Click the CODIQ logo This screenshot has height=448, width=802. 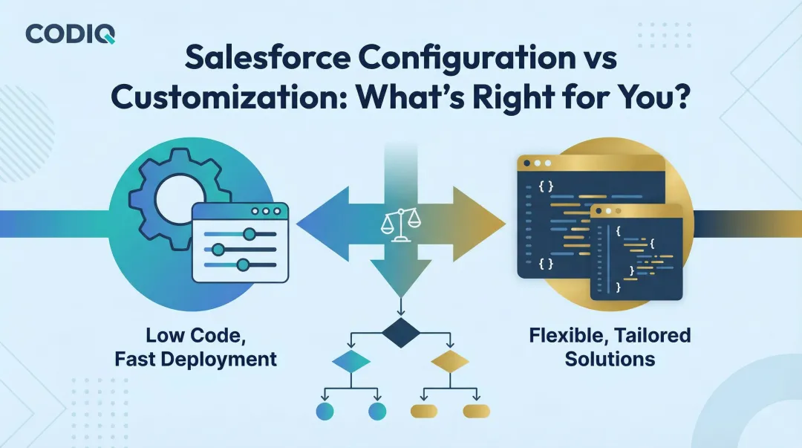[x=70, y=33]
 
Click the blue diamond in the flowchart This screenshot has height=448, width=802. [x=351, y=362]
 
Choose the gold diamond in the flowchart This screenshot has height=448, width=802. [x=450, y=362]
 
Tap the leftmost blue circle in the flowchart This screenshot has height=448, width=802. [x=325, y=411]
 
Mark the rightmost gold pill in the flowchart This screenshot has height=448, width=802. [x=477, y=411]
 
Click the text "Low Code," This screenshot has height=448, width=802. [x=196, y=336]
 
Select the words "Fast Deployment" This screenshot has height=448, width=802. [x=196, y=360]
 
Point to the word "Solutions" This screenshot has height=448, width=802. [x=610, y=360]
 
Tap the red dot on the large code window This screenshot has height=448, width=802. [x=527, y=163]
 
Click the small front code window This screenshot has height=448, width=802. [x=636, y=253]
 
